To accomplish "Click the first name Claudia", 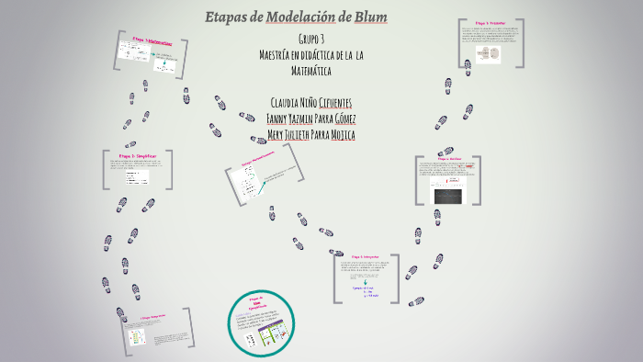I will point(286,102).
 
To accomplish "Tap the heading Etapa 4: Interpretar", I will point(365,256).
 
